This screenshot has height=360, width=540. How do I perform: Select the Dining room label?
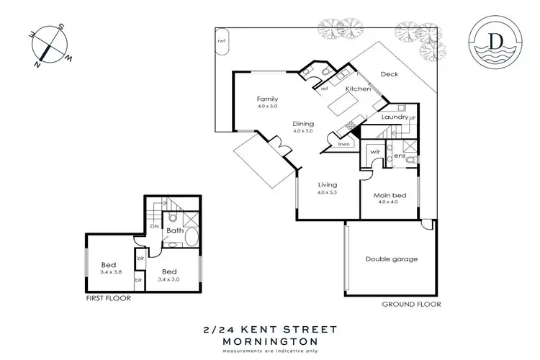click(x=303, y=124)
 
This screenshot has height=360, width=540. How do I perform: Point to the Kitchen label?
click(x=358, y=89)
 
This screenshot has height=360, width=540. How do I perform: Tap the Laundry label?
click(x=395, y=117)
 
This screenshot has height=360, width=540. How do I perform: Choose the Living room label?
click(x=328, y=186)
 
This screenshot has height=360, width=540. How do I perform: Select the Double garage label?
click(x=391, y=259)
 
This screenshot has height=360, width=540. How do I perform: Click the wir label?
click(x=374, y=153)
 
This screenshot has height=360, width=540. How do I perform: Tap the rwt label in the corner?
click(x=221, y=40)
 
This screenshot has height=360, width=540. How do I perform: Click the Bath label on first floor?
click(x=175, y=231)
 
